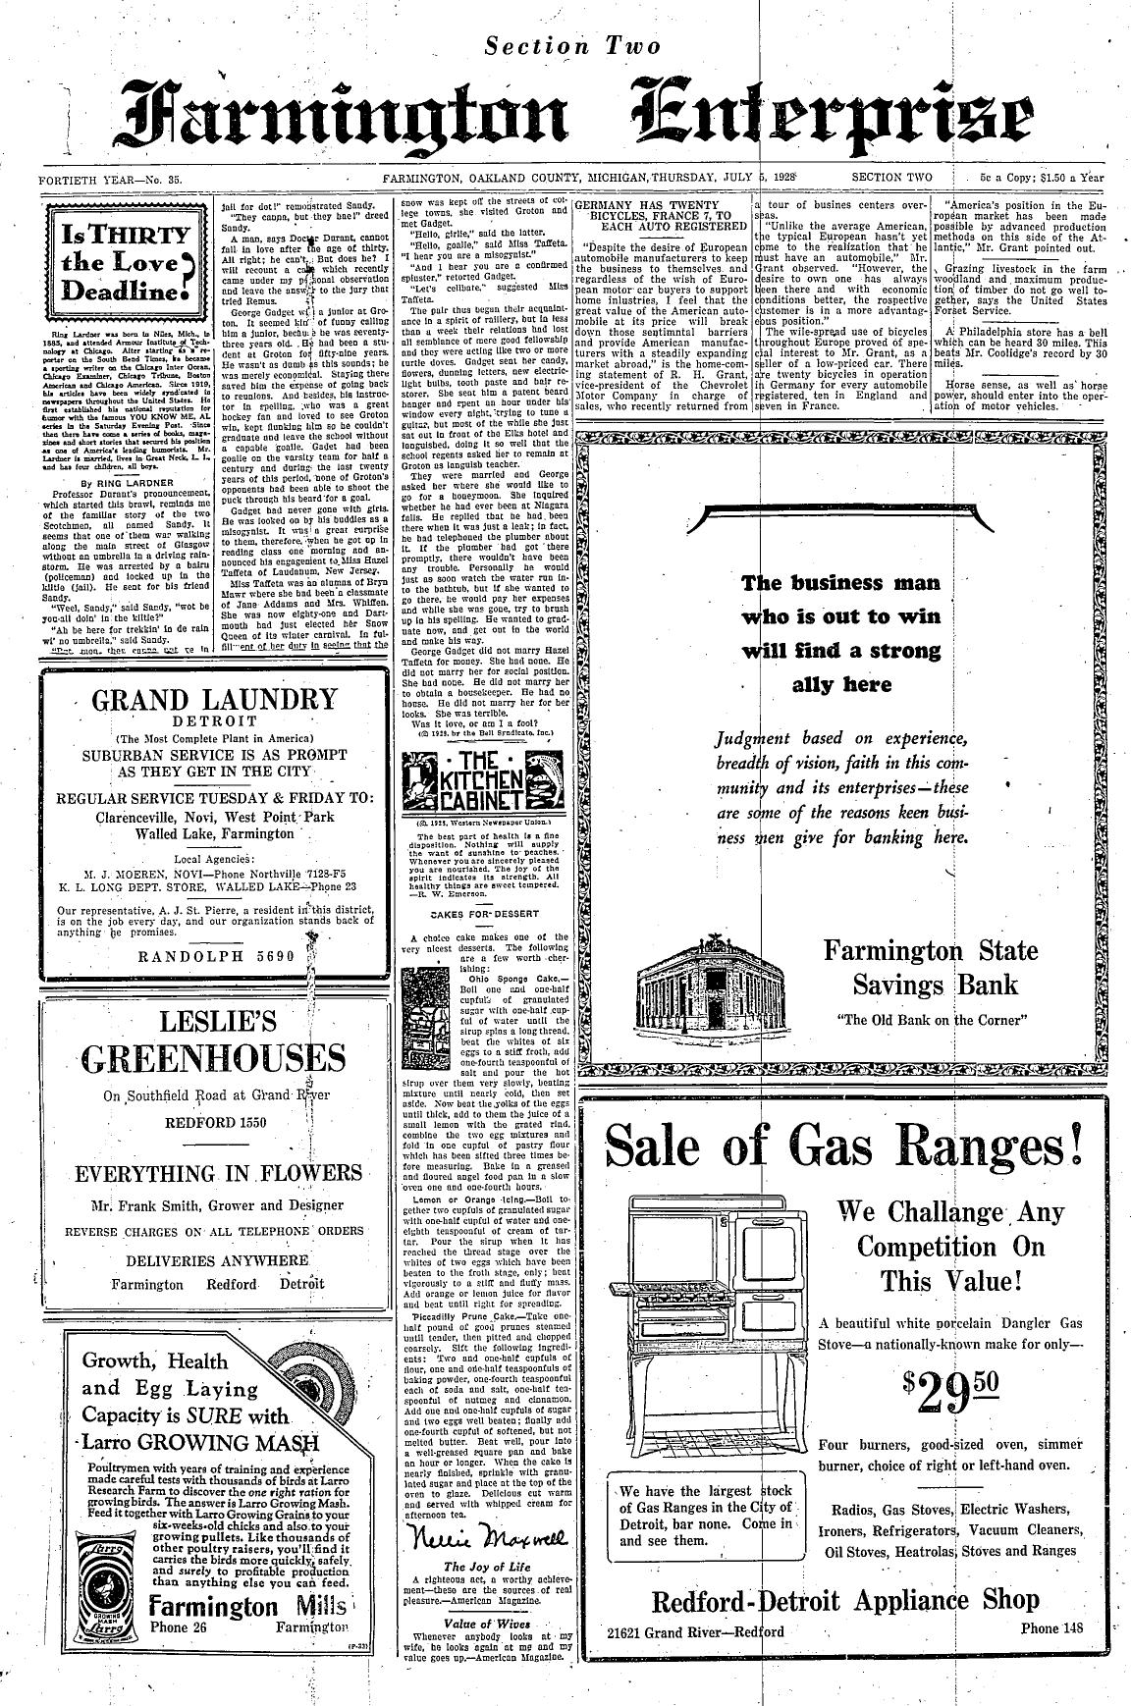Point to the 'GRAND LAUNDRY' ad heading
213,701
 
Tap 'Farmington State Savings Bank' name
930,967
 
